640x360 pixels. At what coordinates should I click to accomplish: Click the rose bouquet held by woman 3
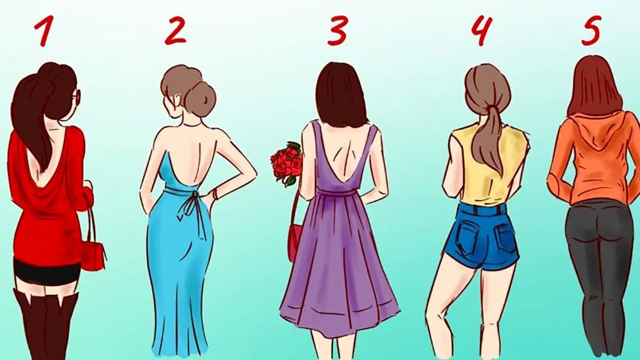click(286, 163)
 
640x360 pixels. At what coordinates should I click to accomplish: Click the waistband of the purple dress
click(339, 194)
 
